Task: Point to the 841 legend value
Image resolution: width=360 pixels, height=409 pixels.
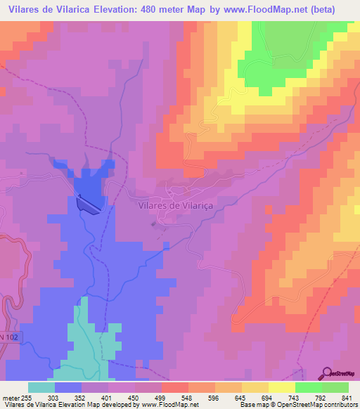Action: [346, 398]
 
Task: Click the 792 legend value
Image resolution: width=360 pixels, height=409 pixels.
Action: [321, 398]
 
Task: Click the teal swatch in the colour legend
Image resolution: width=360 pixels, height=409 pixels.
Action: [41, 387]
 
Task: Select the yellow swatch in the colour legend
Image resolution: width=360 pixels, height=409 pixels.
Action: [255, 387]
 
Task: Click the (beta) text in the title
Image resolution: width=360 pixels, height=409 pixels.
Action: [321, 9]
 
